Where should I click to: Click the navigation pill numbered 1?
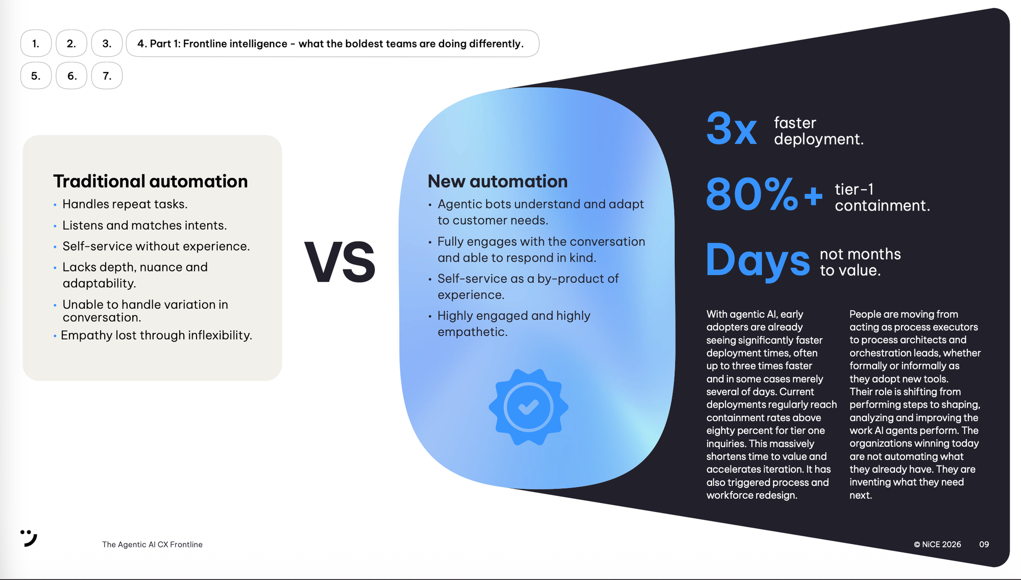[36, 43]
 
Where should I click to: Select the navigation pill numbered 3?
[107, 43]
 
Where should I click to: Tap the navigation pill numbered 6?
[71, 76]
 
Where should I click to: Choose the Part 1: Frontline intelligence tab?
[332, 43]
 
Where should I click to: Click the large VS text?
[340, 262]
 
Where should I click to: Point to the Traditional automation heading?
[151, 181]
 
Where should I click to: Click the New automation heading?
[498, 181]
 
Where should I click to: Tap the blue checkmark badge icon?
[528, 407]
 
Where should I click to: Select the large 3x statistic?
[732, 129]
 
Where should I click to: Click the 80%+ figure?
[764, 194]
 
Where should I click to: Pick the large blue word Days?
[758, 261]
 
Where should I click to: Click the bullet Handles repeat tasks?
[125, 204]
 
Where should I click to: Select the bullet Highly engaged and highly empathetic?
[514, 324]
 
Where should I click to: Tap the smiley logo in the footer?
[29, 538]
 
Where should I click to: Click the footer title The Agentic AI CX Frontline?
[152, 545]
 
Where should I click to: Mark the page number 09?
[984, 545]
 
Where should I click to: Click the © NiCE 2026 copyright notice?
[937, 545]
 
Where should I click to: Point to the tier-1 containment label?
[882, 197]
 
